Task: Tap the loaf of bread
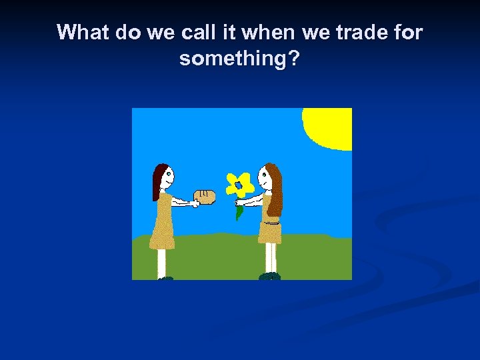[x=205, y=196]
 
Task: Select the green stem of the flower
[x=239, y=211]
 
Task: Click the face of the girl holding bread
[x=167, y=177]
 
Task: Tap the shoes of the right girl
[x=269, y=276]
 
